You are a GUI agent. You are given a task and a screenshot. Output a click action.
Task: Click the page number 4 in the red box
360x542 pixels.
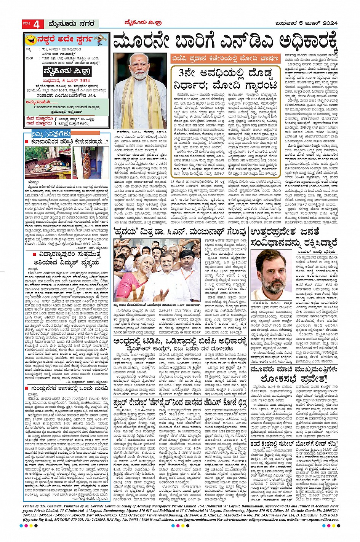click(37, 24)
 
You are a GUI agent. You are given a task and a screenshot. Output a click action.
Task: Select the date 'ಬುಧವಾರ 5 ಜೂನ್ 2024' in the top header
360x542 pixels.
click(306, 24)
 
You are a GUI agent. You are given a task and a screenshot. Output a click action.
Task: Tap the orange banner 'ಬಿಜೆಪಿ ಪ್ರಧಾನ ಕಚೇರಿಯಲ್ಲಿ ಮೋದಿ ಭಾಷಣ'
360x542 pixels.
click(227, 59)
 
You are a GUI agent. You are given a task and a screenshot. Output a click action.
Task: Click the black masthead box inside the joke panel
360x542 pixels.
click(67, 71)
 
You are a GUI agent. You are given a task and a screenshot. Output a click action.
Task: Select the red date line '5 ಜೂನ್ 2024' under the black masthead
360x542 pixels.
click(67, 80)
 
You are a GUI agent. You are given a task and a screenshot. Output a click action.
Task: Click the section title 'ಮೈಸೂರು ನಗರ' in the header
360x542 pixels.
click(71, 24)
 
